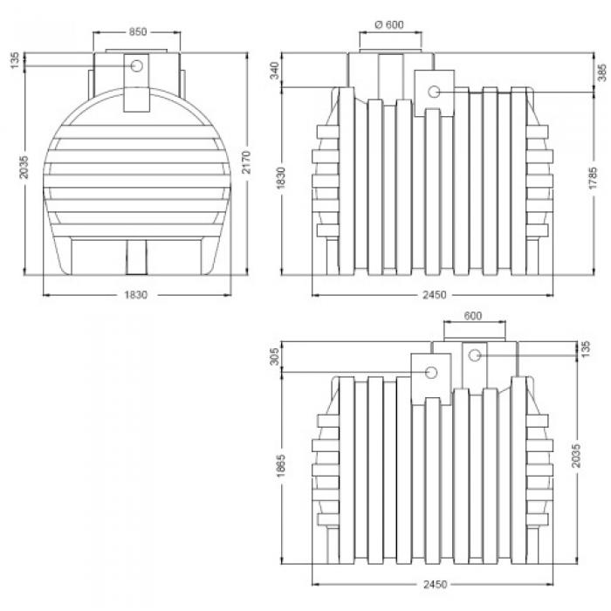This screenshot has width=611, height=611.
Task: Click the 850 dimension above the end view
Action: [x=138, y=31]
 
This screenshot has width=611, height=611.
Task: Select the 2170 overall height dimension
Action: [x=246, y=162]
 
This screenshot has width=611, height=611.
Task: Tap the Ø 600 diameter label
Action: [x=389, y=24]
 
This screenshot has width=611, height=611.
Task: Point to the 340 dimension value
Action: [x=275, y=71]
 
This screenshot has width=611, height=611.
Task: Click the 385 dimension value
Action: [x=602, y=72]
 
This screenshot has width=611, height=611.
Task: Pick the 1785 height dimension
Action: [x=593, y=178]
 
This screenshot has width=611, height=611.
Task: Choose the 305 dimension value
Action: [x=275, y=356]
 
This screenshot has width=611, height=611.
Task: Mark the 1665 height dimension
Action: [x=281, y=465]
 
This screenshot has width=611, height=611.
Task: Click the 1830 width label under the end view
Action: [x=136, y=295]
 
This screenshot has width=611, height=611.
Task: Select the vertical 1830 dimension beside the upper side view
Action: [x=280, y=178]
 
